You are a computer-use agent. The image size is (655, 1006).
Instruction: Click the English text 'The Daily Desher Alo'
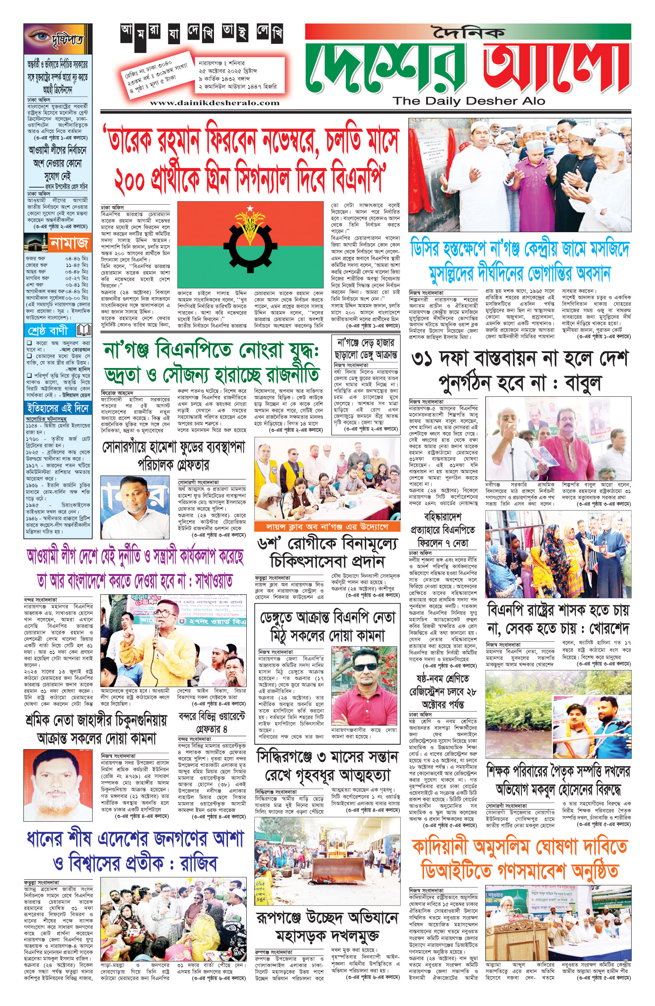[469, 101]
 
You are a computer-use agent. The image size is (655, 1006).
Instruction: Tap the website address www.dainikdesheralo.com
[214, 103]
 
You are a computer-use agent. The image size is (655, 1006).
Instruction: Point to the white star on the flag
[250, 208]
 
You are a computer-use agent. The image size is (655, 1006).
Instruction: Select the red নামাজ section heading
[69, 243]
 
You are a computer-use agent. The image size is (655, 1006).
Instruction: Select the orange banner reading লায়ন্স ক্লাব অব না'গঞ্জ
[327, 527]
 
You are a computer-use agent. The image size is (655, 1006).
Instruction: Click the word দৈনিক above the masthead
[468, 33]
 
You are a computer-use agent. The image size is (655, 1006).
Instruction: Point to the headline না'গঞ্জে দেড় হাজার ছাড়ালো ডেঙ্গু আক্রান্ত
[366, 348]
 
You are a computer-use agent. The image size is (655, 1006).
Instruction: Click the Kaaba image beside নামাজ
[36, 244]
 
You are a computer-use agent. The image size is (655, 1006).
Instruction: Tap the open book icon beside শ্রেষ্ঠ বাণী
[84, 330]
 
